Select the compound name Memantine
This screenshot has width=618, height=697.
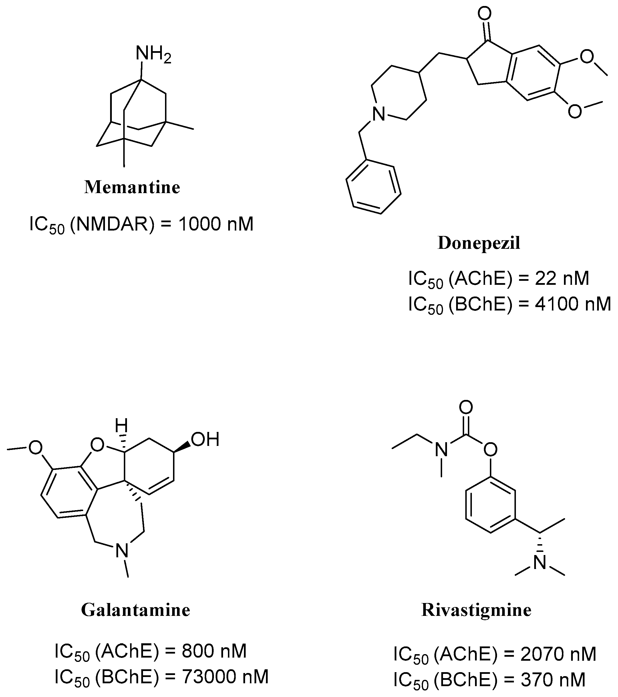point(132,187)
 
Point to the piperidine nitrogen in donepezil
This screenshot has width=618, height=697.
point(378,114)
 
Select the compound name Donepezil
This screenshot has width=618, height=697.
point(479,243)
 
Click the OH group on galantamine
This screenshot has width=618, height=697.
point(204,440)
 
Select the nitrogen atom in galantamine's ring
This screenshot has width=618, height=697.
point(122,550)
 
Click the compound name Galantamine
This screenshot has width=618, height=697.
point(136,610)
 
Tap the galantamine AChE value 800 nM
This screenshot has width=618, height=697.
point(214,651)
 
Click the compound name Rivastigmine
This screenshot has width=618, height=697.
point(476,610)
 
